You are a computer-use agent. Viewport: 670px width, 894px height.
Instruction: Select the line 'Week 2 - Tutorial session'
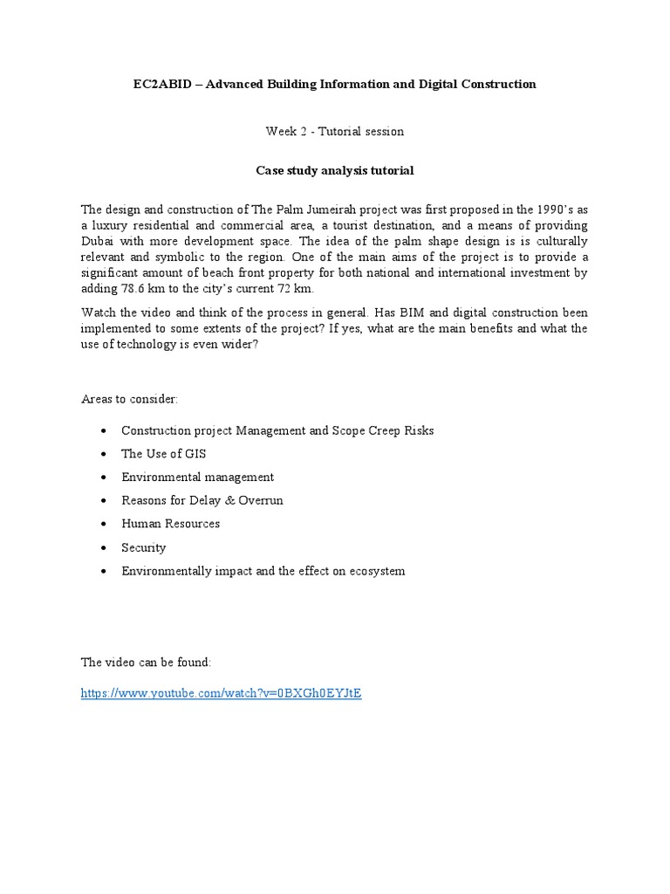tap(334, 132)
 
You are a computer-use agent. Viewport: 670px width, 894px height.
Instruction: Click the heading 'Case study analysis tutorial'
tap(334, 171)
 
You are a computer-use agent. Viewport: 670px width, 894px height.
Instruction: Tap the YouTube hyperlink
tap(221, 694)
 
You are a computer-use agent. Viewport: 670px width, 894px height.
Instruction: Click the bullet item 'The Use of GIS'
tap(164, 454)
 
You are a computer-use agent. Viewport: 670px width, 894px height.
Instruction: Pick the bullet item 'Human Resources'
tap(170, 524)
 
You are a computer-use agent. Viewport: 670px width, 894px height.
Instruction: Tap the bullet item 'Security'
tap(144, 547)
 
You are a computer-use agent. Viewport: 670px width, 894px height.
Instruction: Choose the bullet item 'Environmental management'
tap(197, 478)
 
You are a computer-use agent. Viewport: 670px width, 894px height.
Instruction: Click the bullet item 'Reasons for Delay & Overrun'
tap(202, 500)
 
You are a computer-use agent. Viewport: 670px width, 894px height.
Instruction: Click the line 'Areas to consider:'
tap(129, 399)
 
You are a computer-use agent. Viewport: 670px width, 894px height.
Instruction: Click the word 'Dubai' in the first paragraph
tap(99, 241)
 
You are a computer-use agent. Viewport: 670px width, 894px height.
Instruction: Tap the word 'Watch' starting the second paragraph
tap(99, 313)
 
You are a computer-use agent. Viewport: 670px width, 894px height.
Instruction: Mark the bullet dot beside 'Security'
tap(104, 548)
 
